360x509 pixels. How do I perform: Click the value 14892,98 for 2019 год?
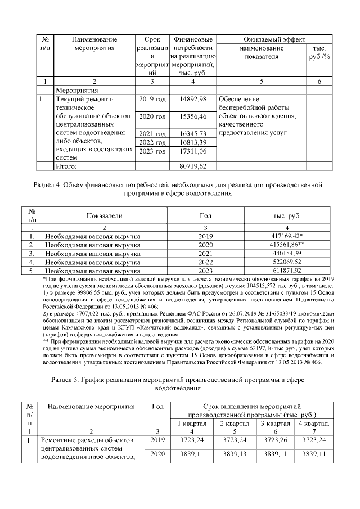click(193, 98)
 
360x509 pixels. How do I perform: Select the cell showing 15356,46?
click(193, 116)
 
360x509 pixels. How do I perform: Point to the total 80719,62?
click(193, 166)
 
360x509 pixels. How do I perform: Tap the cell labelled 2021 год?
click(152, 133)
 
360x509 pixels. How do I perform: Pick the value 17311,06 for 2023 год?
click(193, 151)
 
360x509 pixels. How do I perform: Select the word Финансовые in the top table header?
click(193, 40)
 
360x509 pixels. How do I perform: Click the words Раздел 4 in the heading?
click(50, 184)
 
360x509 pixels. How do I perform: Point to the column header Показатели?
click(104, 216)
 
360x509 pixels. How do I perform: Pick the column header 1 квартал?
click(192, 422)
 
